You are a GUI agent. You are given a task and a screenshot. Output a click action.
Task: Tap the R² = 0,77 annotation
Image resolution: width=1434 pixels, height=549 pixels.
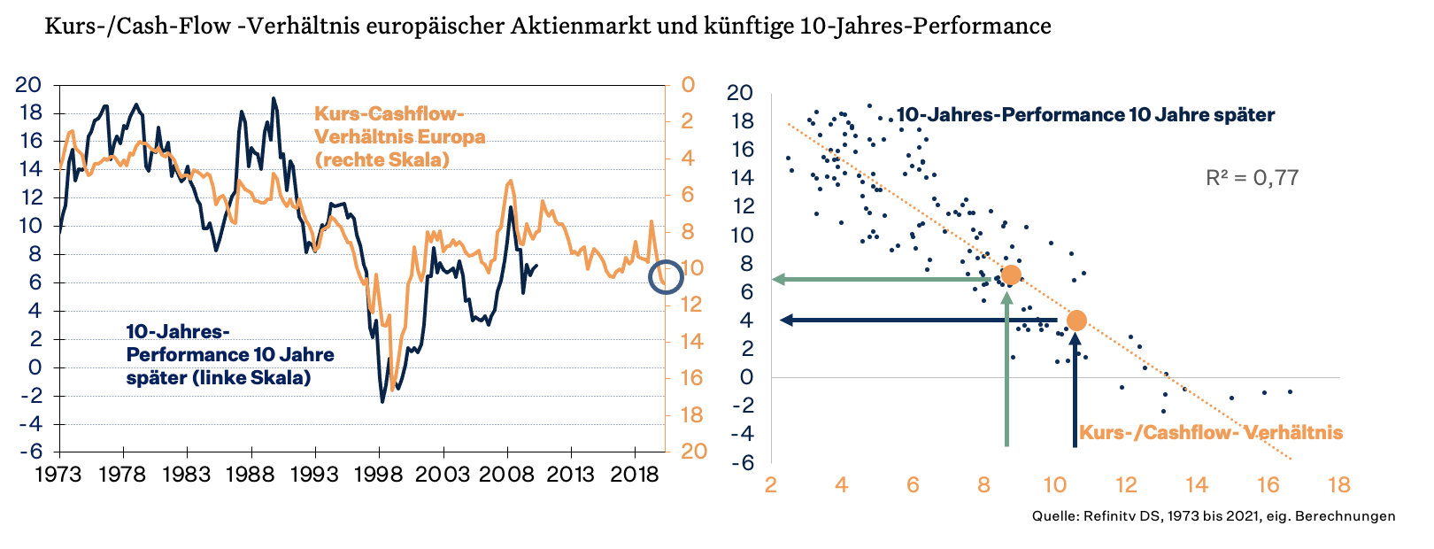coord(1252,178)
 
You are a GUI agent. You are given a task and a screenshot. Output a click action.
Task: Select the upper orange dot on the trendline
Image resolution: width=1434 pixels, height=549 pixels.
coord(1011,274)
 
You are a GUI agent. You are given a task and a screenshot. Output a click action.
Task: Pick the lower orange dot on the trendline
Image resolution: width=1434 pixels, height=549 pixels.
coord(1075,321)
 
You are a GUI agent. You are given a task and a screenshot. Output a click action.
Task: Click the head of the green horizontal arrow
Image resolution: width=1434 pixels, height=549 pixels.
coord(778,279)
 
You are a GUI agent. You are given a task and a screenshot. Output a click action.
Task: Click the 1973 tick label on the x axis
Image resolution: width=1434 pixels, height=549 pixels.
coord(58,475)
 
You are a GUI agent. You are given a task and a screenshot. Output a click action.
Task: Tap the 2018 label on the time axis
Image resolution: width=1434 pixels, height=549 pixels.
coord(636,475)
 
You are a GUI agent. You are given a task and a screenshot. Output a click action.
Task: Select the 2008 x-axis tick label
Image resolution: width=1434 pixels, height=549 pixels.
coord(507,475)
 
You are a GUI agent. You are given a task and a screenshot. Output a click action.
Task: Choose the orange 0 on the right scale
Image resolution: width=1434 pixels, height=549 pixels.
coord(688,86)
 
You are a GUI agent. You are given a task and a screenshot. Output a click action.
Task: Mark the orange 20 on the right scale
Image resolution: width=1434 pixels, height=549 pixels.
coord(693,452)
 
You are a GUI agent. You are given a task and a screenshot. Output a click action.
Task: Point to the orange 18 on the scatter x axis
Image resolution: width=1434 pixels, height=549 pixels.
coord(1339,485)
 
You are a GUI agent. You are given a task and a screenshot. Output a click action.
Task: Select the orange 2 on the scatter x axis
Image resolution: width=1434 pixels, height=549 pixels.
coord(771,485)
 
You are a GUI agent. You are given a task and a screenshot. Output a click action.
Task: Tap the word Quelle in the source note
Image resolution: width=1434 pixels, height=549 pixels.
coord(1053,516)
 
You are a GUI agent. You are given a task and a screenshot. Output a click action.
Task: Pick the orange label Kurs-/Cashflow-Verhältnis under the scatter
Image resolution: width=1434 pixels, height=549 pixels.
coord(1211,433)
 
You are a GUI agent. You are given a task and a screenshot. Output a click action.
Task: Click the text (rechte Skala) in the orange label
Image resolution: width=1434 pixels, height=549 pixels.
coord(382,160)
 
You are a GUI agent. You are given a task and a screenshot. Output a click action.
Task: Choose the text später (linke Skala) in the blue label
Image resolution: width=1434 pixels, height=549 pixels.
coord(218,378)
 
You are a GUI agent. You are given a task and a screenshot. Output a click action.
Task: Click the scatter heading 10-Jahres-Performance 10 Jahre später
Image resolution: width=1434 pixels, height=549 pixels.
coord(1085,115)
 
